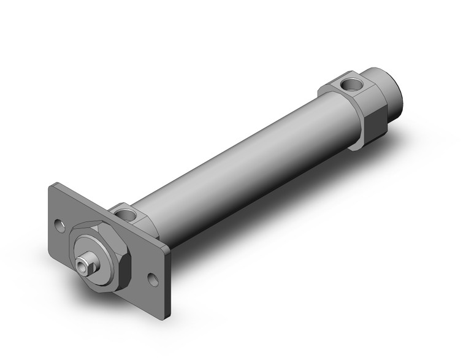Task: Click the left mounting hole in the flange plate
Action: coord(59,225)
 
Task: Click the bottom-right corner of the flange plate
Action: coord(164,301)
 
